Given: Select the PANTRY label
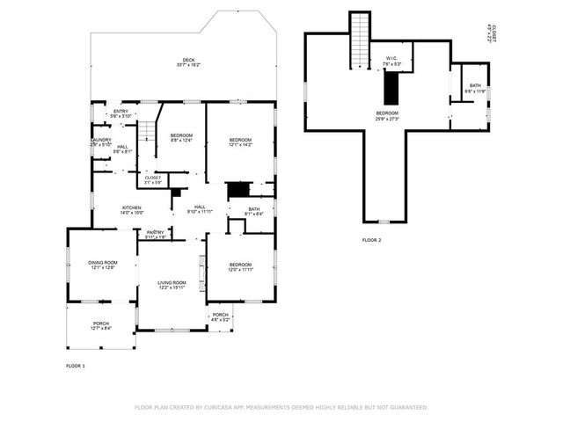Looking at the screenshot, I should pos(155,233).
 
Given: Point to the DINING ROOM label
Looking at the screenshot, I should pos(102,263).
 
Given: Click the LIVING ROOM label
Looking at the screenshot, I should pos(172,283).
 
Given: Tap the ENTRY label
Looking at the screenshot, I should pos(121,112).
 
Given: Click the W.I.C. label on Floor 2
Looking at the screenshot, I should pos(391,60).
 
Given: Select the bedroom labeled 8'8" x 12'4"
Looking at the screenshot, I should pos(180,135).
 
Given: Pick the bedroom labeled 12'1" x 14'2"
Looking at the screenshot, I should pos(240,141).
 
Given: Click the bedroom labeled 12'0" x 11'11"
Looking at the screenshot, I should pos(240,266).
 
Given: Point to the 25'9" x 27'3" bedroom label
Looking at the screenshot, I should pos(387,113).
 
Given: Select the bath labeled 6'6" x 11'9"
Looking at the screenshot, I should pos(475,86).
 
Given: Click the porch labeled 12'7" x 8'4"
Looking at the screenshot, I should pos(101,324).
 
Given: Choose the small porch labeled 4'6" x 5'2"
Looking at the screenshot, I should pos(220,316).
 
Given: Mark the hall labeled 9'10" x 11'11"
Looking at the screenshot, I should pos(200,207).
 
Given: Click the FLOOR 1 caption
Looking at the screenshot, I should pos(76,365).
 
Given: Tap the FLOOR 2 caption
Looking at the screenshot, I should pos(371,239).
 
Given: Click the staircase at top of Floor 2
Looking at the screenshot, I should pos(359,40).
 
